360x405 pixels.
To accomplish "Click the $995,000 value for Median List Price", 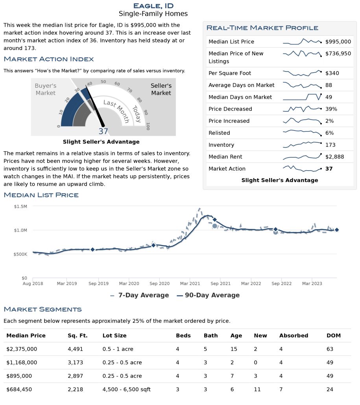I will click(338, 42).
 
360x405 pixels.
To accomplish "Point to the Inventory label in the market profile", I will click(221, 145).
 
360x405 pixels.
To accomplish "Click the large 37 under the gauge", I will click(103, 132).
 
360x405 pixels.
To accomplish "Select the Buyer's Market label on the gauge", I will click(46, 89).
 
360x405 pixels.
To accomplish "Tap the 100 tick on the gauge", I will click(148, 126).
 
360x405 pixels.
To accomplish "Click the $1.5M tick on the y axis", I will click(20, 206).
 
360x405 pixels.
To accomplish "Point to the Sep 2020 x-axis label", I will click(159, 283).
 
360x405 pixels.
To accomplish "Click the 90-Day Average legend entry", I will click(208, 295).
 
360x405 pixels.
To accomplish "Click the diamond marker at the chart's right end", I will click(337, 230).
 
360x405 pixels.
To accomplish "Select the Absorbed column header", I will click(294, 335).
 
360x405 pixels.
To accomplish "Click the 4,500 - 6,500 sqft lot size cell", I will click(126, 389).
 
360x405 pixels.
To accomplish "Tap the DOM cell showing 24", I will click(330, 389).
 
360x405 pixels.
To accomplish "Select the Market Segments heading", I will click(42, 309).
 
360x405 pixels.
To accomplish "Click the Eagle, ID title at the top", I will click(153, 6).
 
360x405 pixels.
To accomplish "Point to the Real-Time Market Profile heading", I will click(262, 28).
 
